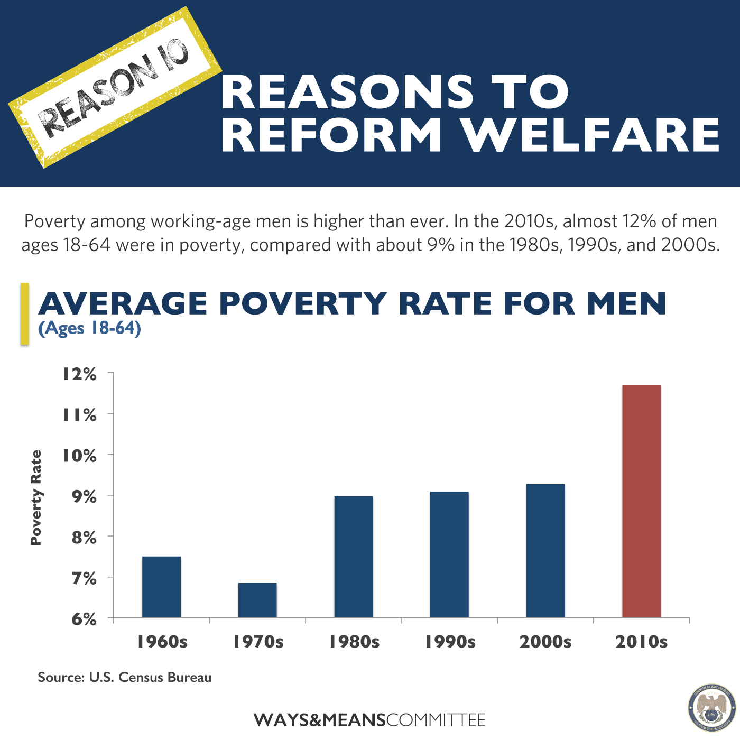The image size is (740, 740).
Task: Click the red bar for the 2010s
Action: [x=641, y=501]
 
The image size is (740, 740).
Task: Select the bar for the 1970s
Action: [x=257, y=600]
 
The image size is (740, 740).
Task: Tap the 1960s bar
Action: [x=161, y=587]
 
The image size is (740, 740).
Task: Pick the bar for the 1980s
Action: [x=354, y=557]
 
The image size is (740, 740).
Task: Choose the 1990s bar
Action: [x=449, y=554]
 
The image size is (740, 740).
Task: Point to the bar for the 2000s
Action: [x=545, y=551]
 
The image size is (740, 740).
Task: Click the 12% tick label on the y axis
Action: [x=80, y=374]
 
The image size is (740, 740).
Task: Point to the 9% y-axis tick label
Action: [x=84, y=497]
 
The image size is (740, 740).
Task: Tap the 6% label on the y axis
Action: [x=84, y=619]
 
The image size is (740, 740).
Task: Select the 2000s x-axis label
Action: [x=545, y=642]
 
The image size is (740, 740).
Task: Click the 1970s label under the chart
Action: [x=258, y=642]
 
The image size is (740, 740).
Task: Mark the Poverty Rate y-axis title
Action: [x=36, y=497]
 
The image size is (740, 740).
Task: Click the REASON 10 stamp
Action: [x=115, y=88]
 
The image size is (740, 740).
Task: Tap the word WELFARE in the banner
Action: [x=591, y=135]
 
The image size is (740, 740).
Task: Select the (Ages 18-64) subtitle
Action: [x=89, y=328]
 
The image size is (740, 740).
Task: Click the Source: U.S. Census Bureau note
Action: [x=125, y=678]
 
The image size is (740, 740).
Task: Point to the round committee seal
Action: [x=711, y=709]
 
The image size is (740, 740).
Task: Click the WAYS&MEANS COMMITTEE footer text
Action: [x=369, y=720]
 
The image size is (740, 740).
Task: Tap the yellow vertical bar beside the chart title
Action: [x=24, y=314]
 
